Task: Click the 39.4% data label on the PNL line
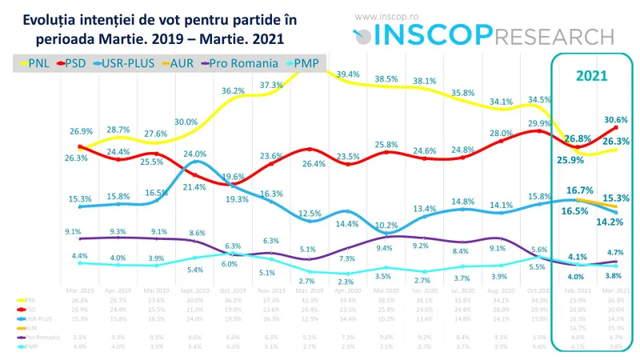(x=348, y=74)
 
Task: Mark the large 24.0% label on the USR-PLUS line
(x=195, y=154)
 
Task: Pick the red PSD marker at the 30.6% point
(x=616, y=128)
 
